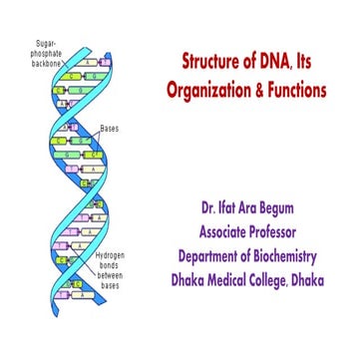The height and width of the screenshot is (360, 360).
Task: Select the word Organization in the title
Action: click(210, 90)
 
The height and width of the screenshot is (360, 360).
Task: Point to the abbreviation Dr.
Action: click(207, 212)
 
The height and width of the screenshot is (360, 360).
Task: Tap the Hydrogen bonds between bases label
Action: click(108, 270)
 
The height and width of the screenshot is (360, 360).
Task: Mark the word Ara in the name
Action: click(258, 212)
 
